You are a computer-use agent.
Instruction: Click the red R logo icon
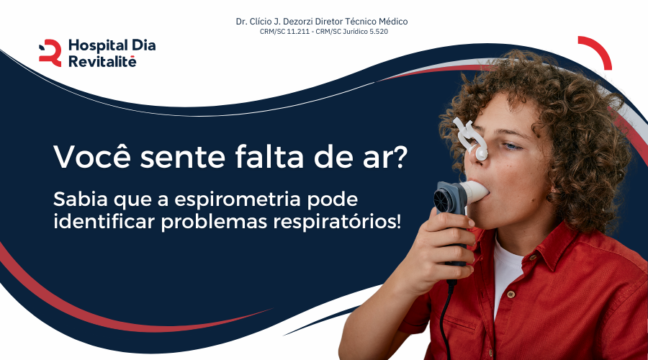pos(50,53)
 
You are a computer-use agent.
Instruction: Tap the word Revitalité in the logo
pos(102,62)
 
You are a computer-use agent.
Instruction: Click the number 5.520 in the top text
pos(379,32)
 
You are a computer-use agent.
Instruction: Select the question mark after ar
pos(399,156)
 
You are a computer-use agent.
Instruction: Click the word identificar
pos(104,221)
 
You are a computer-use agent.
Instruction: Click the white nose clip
pos(471,138)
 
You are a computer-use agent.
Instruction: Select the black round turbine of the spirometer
pos(444,199)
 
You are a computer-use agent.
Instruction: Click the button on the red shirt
pos(511,294)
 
